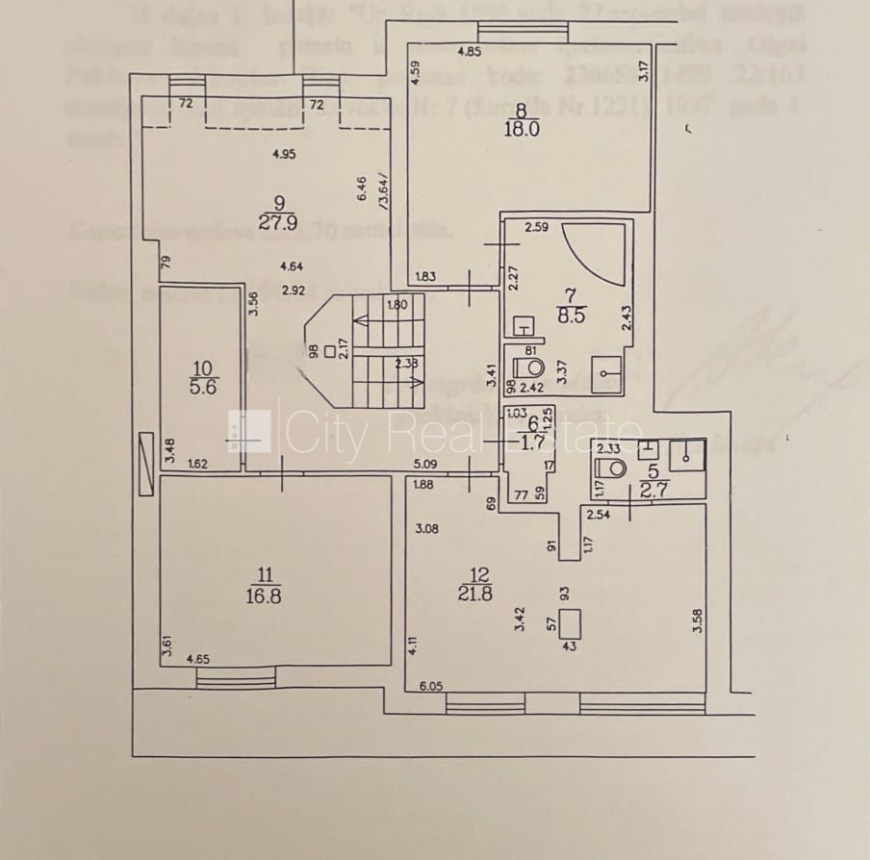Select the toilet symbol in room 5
[x=611, y=467]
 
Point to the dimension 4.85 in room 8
[x=470, y=51]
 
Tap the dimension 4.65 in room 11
[x=198, y=660]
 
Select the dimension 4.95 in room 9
[x=283, y=153]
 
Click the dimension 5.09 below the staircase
[x=426, y=465]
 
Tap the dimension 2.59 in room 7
[x=536, y=228]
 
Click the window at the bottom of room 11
[x=235, y=680]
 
